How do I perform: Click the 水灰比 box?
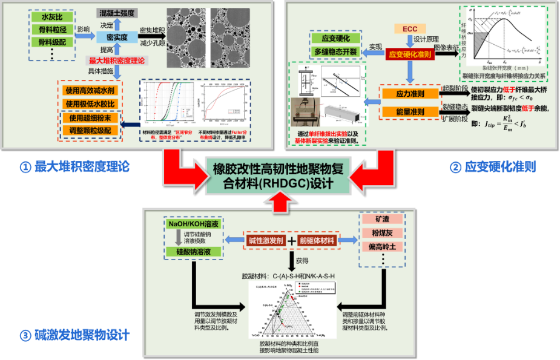click(x=47, y=18)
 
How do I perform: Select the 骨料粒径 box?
click(x=47, y=30)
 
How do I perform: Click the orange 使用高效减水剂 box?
click(x=90, y=90)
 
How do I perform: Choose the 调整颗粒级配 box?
click(x=90, y=129)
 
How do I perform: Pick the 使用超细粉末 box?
click(x=90, y=117)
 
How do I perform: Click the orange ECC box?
click(x=410, y=29)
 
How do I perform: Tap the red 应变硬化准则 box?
click(x=410, y=54)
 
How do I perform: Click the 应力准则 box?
click(x=410, y=94)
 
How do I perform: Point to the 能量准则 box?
click(x=410, y=112)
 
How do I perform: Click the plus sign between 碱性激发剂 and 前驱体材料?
click(x=291, y=240)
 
